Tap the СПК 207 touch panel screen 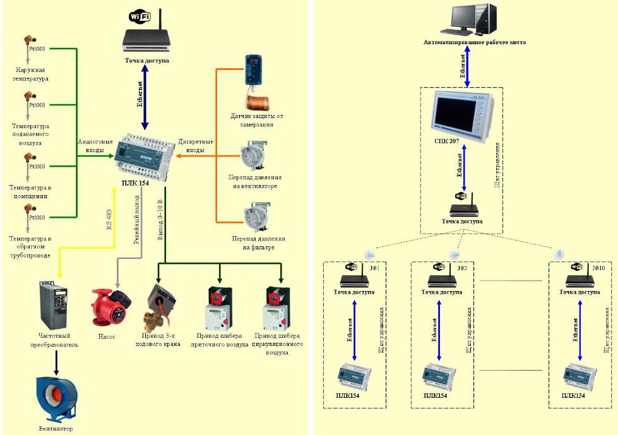coord(459,116)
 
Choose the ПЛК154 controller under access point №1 coord(354,375)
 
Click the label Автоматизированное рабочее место coord(474,42)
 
